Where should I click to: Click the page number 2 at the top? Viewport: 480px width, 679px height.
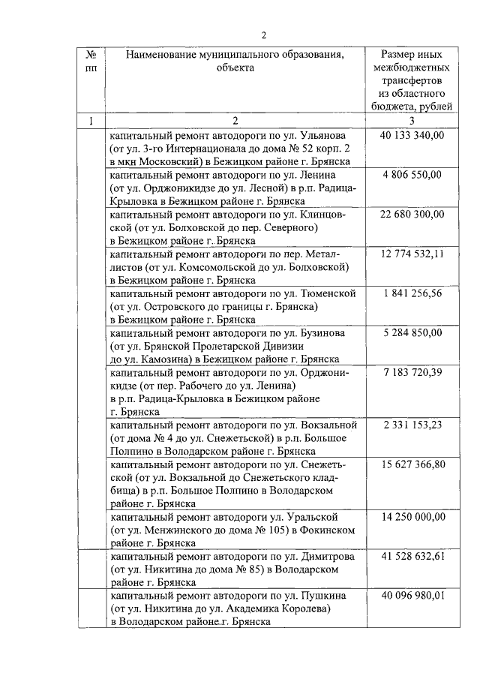click(x=264, y=35)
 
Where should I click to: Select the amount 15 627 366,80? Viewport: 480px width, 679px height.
click(x=412, y=464)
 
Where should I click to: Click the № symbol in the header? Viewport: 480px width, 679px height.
click(x=91, y=55)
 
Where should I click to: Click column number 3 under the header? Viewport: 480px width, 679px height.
click(x=412, y=122)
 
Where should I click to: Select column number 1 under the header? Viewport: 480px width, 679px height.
click(x=91, y=122)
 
